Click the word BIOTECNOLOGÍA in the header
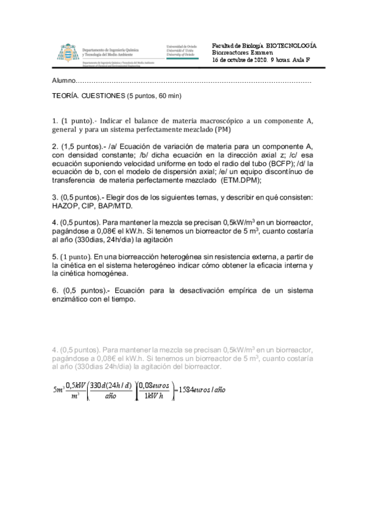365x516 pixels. pyautogui.click(x=291, y=46)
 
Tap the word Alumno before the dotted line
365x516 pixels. pyautogui.click(x=64, y=81)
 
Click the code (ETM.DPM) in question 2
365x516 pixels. pyautogui.click(x=239, y=180)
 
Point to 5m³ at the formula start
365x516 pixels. pyautogui.click(x=58, y=389)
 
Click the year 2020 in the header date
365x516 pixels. pyautogui.click(x=258, y=60)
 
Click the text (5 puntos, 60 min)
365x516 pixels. pyautogui.click(x=154, y=96)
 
